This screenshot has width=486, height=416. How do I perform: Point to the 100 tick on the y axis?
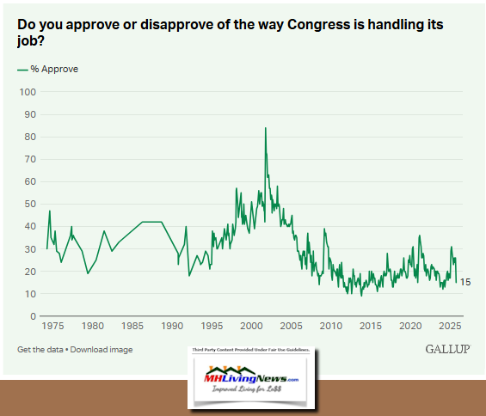point(28,92)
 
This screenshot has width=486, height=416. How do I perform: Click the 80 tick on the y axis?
point(31,137)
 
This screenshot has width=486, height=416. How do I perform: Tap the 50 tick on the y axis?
point(31,204)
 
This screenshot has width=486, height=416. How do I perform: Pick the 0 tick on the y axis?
point(34,316)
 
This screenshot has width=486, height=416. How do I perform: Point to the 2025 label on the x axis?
point(448,327)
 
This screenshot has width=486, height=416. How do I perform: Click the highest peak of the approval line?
point(265,128)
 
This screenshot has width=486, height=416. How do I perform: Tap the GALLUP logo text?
point(447,349)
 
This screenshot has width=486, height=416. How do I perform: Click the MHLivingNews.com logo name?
point(250,379)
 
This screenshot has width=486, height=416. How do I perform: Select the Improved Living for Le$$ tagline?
point(250,395)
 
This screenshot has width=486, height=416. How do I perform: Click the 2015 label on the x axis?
point(371,327)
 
